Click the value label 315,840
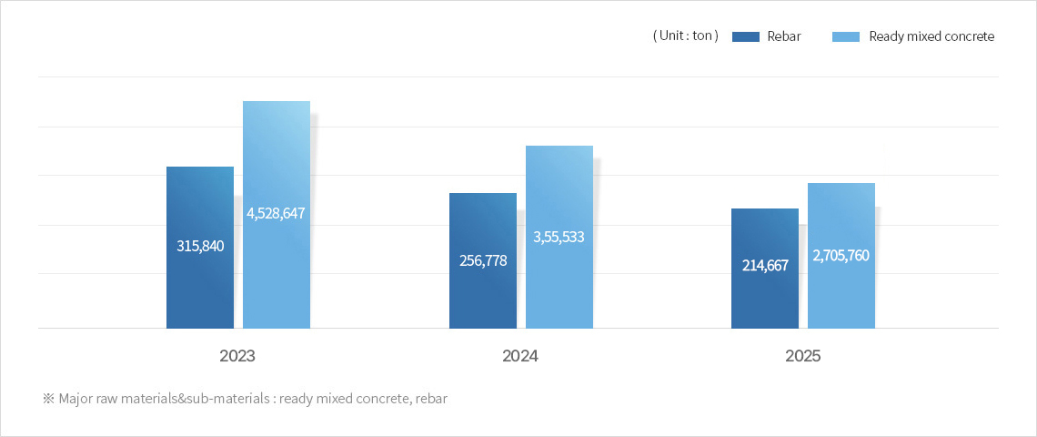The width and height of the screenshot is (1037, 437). pyautogui.click(x=200, y=246)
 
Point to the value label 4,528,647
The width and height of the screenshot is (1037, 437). pyautogui.click(x=276, y=213)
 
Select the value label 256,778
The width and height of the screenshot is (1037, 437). pyautogui.click(x=483, y=260)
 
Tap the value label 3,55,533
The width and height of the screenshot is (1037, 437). pyautogui.click(x=559, y=237)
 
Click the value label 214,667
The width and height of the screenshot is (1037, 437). pyautogui.click(x=765, y=266)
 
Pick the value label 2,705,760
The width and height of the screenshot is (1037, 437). pyautogui.click(x=841, y=255)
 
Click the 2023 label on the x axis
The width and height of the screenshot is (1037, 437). pyautogui.click(x=237, y=356)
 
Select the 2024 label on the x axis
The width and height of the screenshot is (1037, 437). pyautogui.click(x=520, y=356)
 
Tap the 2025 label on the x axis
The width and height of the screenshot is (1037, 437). pyautogui.click(x=803, y=356)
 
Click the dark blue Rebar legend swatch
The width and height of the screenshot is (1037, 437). pyautogui.click(x=745, y=36)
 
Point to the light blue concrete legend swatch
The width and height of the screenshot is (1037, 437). pyautogui.click(x=846, y=36)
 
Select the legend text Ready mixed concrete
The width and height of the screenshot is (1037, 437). pyautogui.click(x=931, y=36)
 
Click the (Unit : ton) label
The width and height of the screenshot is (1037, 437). pyautogui.click(x=686, y=36)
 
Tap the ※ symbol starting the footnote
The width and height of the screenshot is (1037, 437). pyautogui.click(x=48, y=399)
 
